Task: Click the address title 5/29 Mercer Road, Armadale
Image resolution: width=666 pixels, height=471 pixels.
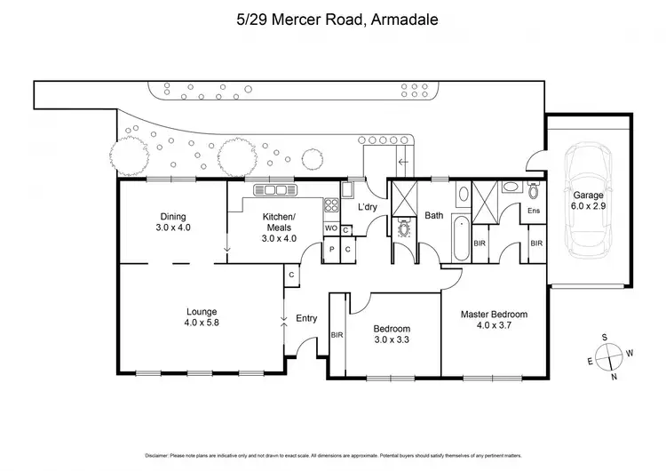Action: coord(333,19)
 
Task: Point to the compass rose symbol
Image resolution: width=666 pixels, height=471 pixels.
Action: coord(608,355)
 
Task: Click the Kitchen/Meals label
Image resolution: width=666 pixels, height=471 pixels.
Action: coord(278,228)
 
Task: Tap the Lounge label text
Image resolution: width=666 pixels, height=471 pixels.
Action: coord(201,317)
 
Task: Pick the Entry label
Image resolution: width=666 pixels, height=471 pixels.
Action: coord(306,318)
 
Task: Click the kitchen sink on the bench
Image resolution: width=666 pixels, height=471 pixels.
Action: coord(274,189)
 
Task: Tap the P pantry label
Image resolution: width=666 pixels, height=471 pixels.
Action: coord(332,250)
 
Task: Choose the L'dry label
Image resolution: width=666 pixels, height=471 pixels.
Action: coord(368,208)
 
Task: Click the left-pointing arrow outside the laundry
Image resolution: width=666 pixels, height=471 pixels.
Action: coord(404,162)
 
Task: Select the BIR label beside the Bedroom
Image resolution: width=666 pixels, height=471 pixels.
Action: coord(337,335)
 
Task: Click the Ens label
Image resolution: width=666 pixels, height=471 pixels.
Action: coord(533,211)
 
